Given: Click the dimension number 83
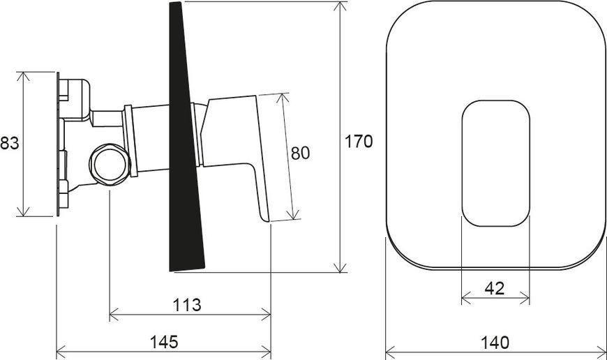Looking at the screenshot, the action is [9, 143].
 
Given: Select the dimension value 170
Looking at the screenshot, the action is [359, 142].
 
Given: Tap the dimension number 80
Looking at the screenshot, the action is [301, 153].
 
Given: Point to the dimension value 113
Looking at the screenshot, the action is [187, 305].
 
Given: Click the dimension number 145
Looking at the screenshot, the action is [164, 342].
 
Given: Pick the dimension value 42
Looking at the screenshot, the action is [495, 288].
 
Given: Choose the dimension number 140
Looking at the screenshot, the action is [495, 343].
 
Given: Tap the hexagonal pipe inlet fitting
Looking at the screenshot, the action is [110, 163].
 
